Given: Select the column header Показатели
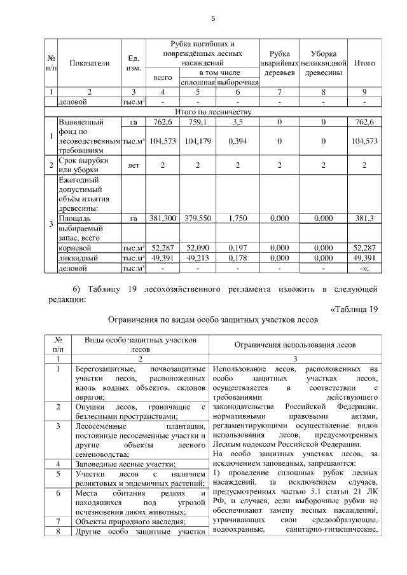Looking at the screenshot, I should pos(89,63).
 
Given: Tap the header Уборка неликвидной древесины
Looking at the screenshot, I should pos(324,63).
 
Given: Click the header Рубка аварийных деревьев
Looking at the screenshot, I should pos(280,63).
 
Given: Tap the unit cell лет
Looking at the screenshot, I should pos(134,166).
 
